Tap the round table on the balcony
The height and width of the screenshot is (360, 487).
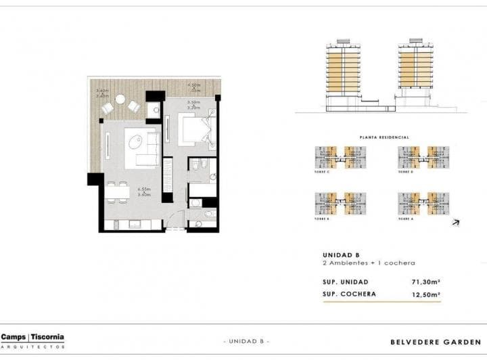pyautogui.click(x=120, y=99)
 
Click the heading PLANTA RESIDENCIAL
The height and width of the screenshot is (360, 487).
pyautogui.click(x=385, y=137)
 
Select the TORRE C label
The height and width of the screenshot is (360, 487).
pyautogui.click(x=323, y=173)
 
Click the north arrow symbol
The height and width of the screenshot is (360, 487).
pyautogui.click(x=456, y=221)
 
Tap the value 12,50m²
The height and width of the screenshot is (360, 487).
pyautogui.click(x=426, y=294)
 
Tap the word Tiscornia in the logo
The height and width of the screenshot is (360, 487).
pyautogui.click(x=47, y=336)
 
